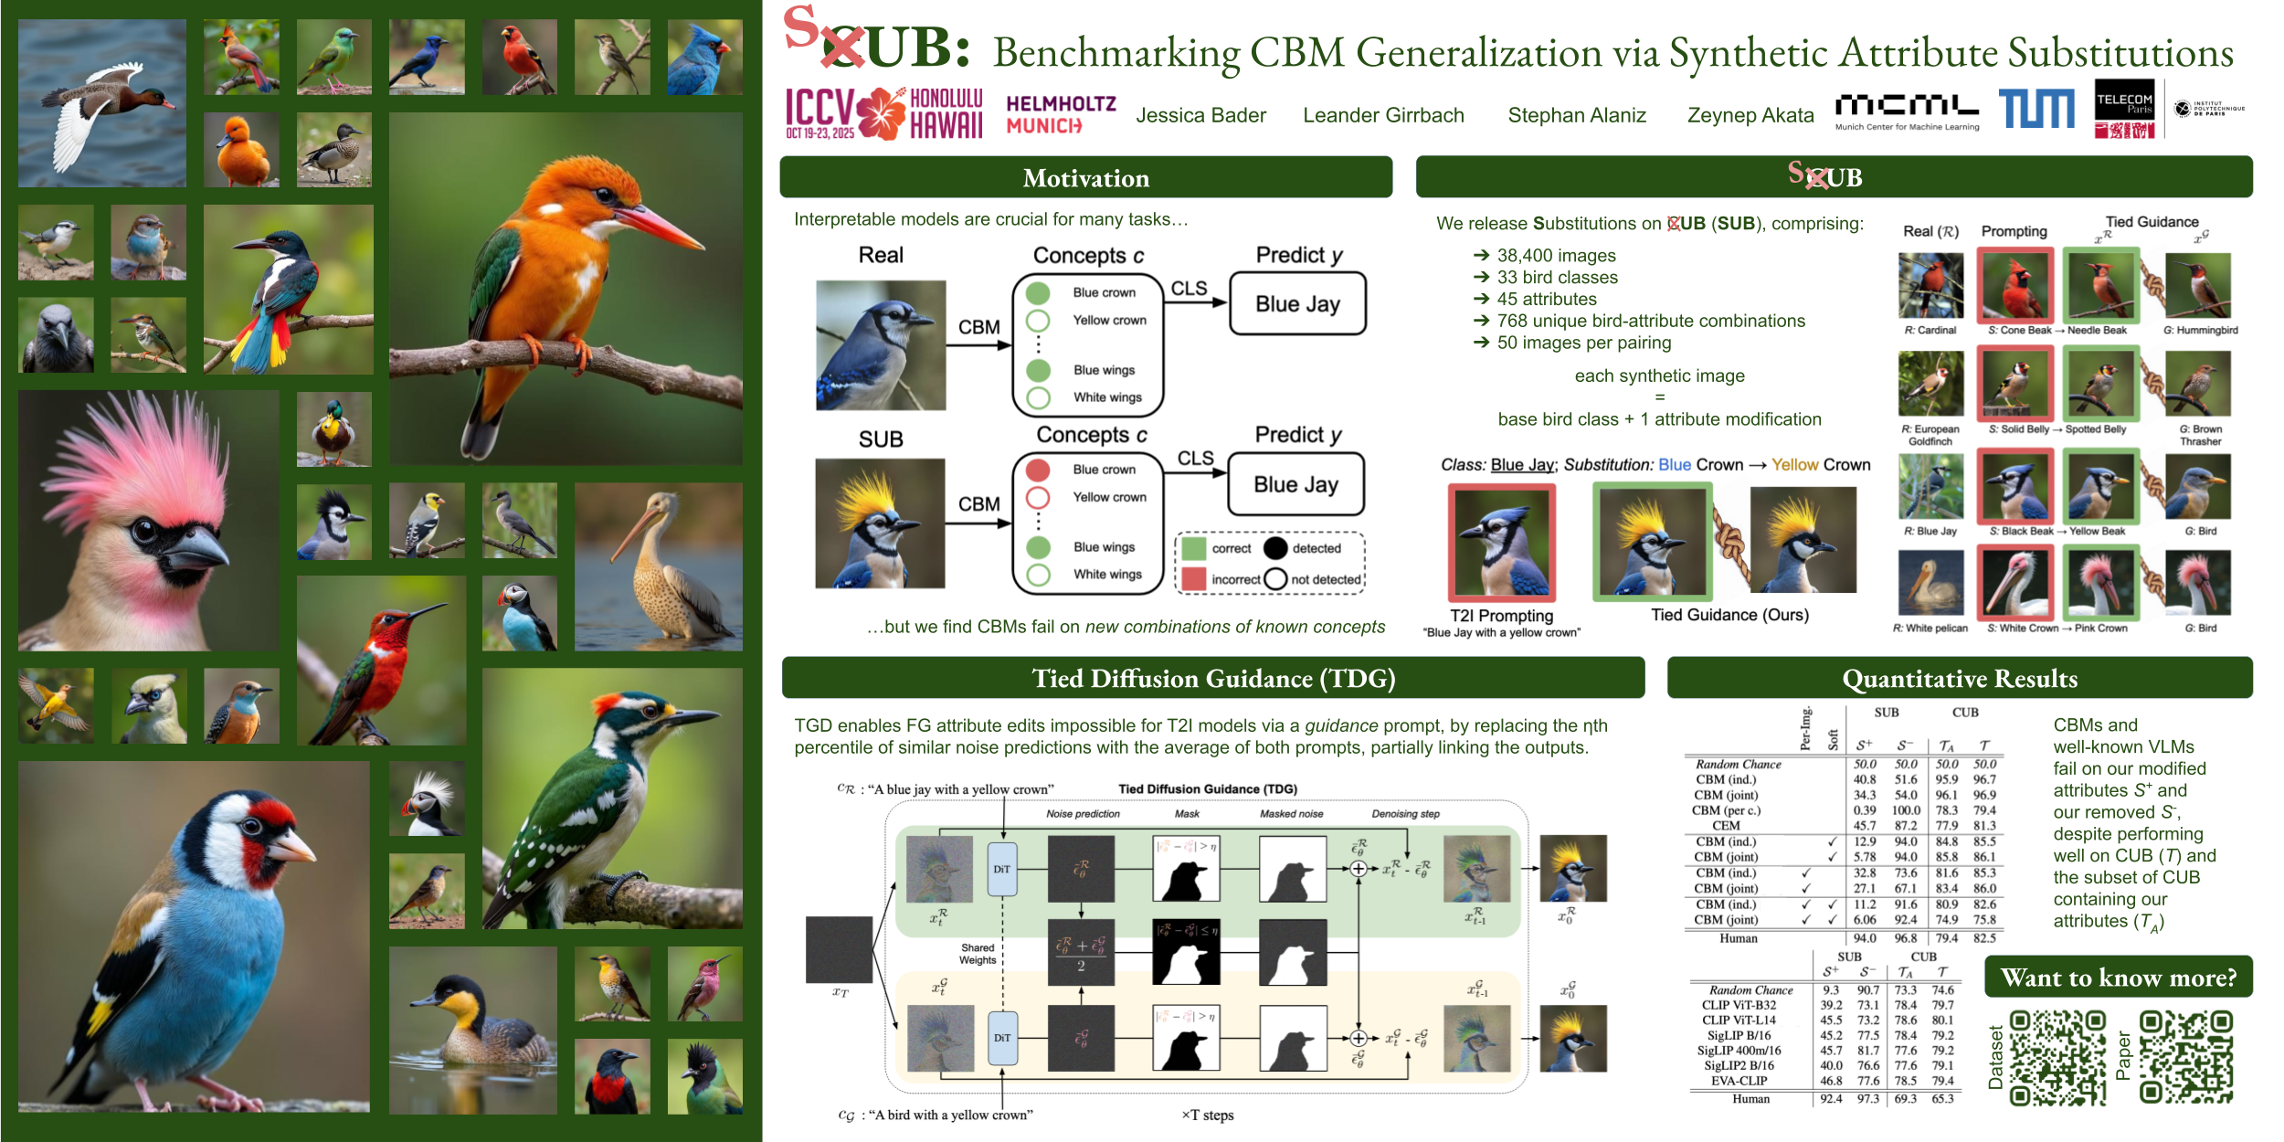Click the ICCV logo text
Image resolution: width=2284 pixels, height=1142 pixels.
[x=819, y=109]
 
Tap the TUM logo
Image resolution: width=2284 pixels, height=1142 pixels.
[x=2036, y=110]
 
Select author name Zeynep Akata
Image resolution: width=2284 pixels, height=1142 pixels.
[x=1750, y=115]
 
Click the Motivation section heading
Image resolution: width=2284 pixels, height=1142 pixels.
[x=1085, y=178]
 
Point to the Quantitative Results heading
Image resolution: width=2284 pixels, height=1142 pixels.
[x=1959, y=679]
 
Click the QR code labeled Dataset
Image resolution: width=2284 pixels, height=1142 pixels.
[x=2057, y=1057]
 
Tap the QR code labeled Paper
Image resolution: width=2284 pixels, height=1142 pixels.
[x=2185, y=1057]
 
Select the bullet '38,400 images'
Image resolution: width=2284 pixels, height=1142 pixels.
[x=1556, y=256]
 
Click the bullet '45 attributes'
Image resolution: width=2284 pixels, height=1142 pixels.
[x=1547, y=300]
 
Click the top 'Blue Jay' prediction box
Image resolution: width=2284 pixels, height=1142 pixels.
[x=1297, y=304]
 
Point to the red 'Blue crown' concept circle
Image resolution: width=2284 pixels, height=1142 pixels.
[x=1037, y=470]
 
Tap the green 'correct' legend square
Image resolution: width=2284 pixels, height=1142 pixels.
[x=1193, y=548]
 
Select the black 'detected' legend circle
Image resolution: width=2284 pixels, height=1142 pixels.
[x=1275, y=548]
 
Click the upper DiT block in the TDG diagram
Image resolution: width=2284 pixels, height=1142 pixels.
[x=1002, y=869]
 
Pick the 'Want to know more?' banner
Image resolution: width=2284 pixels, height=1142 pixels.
[x=2118, y=978]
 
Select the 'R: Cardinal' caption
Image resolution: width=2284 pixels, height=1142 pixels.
[x=1930, y=331]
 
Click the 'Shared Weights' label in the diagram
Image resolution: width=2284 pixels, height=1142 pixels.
[x=977, y=954]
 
